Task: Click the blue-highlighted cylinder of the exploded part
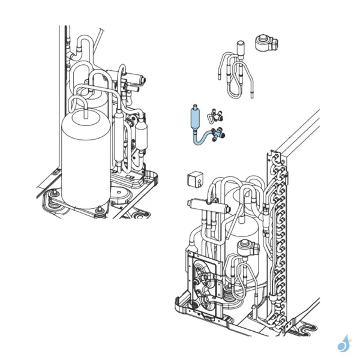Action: (194, 116)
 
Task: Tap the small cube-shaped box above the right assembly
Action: (194, 178)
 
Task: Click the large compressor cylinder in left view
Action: (86, 159)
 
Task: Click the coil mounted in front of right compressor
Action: (245, 249)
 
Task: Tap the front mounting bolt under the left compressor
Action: (97, 208)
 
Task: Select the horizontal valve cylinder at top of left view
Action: (134, 78)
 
